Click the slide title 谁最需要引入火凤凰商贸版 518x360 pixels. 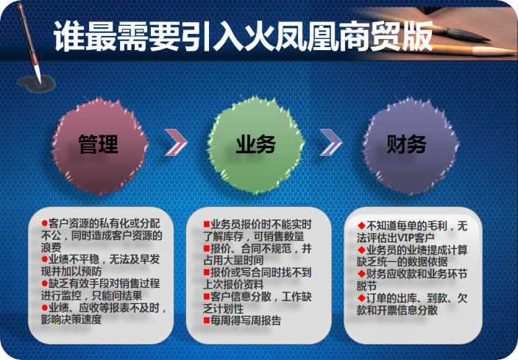point(243,36)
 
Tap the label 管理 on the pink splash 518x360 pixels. point(99,144)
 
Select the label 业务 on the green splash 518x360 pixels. point(256,144)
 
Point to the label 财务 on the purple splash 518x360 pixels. point(407,144)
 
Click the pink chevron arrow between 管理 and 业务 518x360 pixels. point(176,143)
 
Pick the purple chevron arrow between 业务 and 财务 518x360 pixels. point(331,143)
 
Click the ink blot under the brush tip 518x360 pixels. point(36,84)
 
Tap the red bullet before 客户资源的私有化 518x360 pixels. point(45,223)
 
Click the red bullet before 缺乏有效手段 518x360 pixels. point(45,283)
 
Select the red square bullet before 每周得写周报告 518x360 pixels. point(207,320)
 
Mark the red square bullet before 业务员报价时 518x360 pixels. point(207,225)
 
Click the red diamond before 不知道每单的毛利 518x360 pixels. point(361,226)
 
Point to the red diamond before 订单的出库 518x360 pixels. point(361,298)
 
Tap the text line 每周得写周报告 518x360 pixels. point(246,321)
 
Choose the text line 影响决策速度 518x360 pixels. point(71,320)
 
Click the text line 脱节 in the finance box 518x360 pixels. point(366,286)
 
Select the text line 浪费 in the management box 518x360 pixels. point(52,247)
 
